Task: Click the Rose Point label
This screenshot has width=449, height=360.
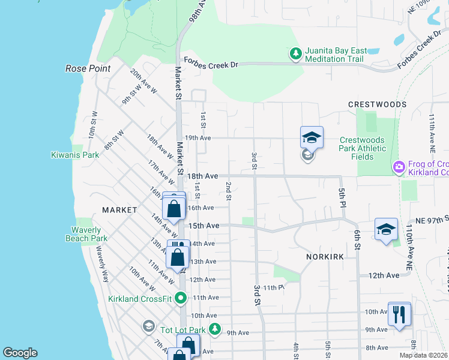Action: click(88, 68)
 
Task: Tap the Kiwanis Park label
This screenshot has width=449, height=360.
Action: click(74, 155)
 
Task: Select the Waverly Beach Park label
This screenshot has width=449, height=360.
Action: click(86, 234)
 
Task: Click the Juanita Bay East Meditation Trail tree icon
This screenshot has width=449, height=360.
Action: click(295, 54)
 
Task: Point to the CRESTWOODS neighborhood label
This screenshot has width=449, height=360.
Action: click(377, 104)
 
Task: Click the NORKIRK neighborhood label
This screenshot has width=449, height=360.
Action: click(324, 256)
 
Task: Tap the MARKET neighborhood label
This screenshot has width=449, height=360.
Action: click(120, 210)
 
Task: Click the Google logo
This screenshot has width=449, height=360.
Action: click(20, 353)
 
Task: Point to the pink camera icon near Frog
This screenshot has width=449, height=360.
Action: click(397, 167)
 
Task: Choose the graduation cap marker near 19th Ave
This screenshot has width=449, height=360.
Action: click(312, 138)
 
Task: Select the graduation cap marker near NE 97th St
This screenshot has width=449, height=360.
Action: click(386, 229)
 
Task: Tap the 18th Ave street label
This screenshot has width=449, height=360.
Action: click(202, 176)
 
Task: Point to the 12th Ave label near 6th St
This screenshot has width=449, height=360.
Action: click(384, 275)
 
